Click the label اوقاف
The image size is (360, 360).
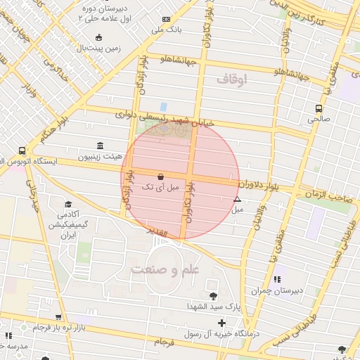pos(232,80)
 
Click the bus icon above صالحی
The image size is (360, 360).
pos(319,109)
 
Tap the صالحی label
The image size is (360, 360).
pos(319,120)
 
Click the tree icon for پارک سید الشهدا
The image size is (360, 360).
pos(212,296)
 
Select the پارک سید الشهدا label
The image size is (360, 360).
pos(184,307)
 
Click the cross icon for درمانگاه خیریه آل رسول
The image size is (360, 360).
pos(222,323)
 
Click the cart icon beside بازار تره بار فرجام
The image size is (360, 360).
pos(58,317)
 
